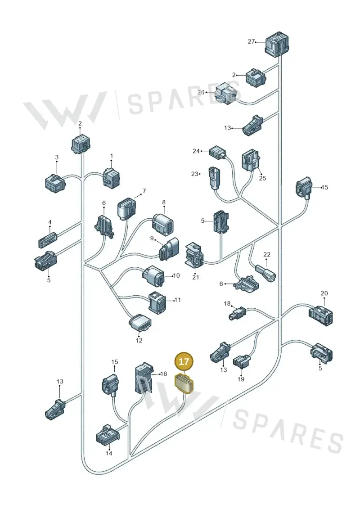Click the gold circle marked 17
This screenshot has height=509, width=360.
click(184, 362)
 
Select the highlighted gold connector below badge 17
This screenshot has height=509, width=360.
click(184, 383)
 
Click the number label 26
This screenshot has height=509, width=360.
click(201, 92)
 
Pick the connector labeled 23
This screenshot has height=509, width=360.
click(215, 178)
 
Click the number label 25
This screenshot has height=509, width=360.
click(262, 178)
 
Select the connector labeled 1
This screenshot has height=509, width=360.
click(111, 178)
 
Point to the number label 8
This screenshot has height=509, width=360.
click(164, 202)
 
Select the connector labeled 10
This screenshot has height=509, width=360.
click(154, 276)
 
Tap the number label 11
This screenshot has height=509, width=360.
click(178, 300)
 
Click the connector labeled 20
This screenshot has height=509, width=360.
click(321, 315)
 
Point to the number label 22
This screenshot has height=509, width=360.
click(266, 255)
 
